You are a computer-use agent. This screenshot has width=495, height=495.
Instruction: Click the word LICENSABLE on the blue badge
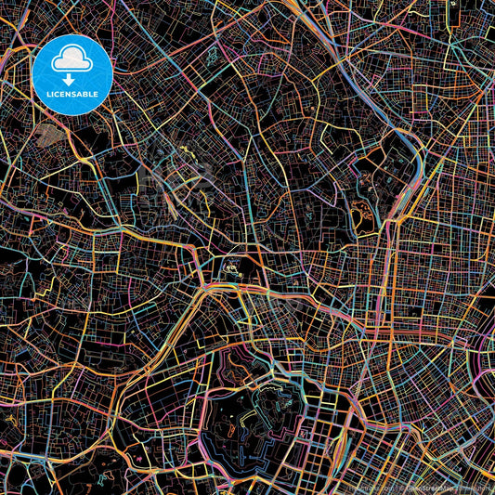72,94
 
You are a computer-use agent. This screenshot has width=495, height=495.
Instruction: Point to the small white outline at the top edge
452,4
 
